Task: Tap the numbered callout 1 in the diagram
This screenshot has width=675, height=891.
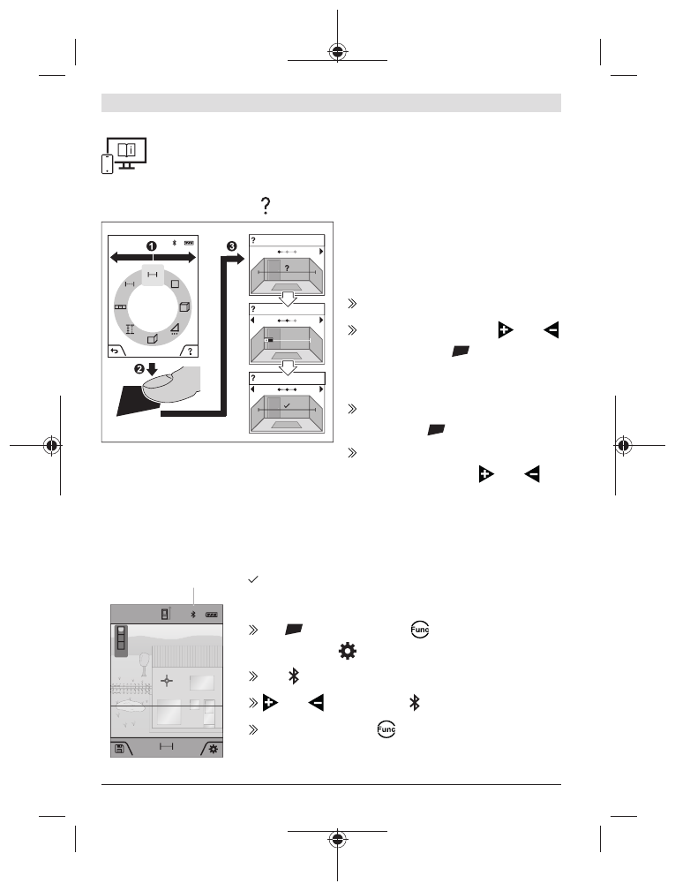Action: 152,244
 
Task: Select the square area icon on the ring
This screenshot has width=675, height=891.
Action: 176,284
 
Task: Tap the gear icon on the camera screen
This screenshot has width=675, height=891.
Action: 213,747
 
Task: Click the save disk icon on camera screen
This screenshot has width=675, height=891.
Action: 119,747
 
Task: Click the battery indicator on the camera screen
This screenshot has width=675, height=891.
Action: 211,613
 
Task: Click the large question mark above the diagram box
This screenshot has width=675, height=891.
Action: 262,205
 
